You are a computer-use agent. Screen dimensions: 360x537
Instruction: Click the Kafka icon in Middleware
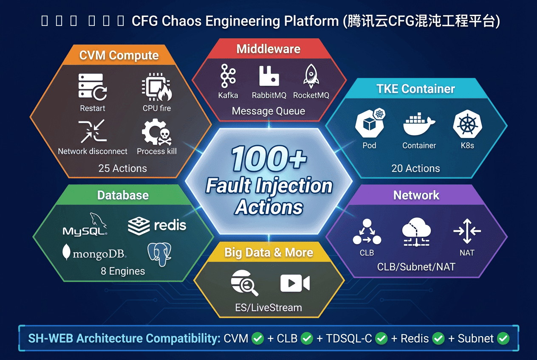tap(228, 76)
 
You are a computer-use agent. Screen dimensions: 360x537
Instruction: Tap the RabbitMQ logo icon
tap(269, 76)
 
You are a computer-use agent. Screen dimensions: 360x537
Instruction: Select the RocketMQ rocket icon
tap(311, 76)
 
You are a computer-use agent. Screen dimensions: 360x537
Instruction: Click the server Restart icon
tap(92, 87)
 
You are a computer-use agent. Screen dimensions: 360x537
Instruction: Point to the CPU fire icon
tap(156, 88)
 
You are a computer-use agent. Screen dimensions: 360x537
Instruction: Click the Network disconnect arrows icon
tap(92, 131)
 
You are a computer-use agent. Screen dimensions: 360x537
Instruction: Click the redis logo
tap(157, 225)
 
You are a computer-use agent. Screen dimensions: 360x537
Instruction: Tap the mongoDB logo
tap(94, 253)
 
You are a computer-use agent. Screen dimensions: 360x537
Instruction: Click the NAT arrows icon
tap(467, 231)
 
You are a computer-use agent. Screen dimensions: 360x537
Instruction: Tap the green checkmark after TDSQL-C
tap(382, 338)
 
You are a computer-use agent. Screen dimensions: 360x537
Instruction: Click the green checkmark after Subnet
tap(503, 338)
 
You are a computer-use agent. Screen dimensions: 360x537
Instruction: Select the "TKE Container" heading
tap(415, 89)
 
